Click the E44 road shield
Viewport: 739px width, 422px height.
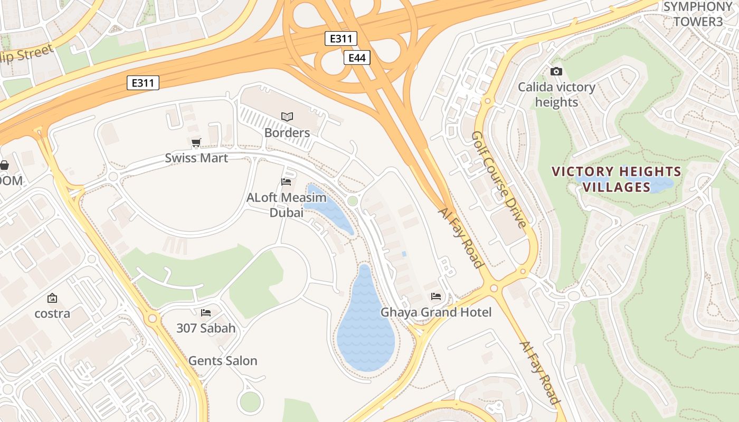(357, 57)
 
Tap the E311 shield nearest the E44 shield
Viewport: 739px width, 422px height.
(340, 39)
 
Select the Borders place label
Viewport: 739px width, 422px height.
(287, 132)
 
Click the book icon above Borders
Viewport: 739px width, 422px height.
(287, 117)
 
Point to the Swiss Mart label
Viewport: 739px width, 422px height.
(196, 158)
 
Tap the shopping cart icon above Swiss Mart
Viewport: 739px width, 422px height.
(196, 142)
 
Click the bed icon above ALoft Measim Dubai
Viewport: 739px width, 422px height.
(286, 182)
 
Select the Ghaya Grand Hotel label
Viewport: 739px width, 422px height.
(436, 312)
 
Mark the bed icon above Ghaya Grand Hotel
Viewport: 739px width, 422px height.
(436, 296)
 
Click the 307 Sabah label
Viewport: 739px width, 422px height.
(206, 328)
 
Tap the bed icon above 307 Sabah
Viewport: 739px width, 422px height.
(206, 313)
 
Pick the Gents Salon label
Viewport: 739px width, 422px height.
(223, 361)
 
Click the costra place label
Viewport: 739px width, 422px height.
(52, 313)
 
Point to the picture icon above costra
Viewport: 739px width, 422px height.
(52, 299)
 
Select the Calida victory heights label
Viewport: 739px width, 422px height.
(556, 94)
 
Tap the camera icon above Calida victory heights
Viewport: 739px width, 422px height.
(556, 72)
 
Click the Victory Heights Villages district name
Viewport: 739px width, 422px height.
(617, 179)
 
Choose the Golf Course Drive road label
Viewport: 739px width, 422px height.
(499, 179)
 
